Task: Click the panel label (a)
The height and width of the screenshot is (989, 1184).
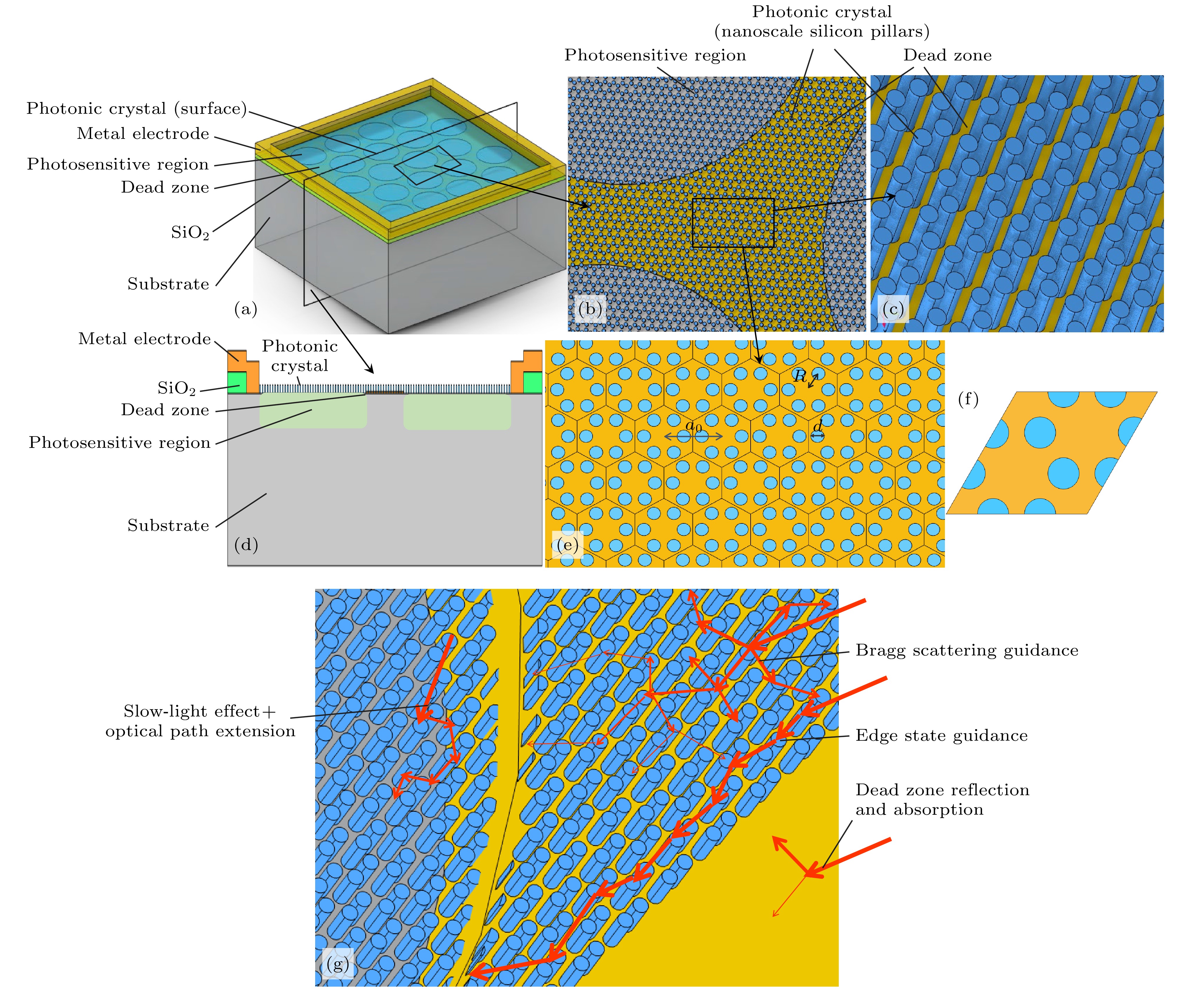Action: [245, 309]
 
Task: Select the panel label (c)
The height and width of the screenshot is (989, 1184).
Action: [893, 309]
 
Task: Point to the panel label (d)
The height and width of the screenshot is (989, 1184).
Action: [246, 545]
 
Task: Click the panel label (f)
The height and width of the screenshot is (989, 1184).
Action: [968, 399]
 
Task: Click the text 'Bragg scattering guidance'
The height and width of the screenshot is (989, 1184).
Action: [966, 650]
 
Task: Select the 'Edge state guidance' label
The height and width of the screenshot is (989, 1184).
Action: [941, 735]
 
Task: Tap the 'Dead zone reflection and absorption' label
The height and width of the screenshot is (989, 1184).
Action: [942, 800]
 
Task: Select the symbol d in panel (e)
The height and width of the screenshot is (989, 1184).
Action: [818, 426]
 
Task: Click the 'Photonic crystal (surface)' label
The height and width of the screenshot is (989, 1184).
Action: [137, 108]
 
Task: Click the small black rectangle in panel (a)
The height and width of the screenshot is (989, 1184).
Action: [427, 165]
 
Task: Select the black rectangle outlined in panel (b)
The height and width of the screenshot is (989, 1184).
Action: [733, 223]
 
